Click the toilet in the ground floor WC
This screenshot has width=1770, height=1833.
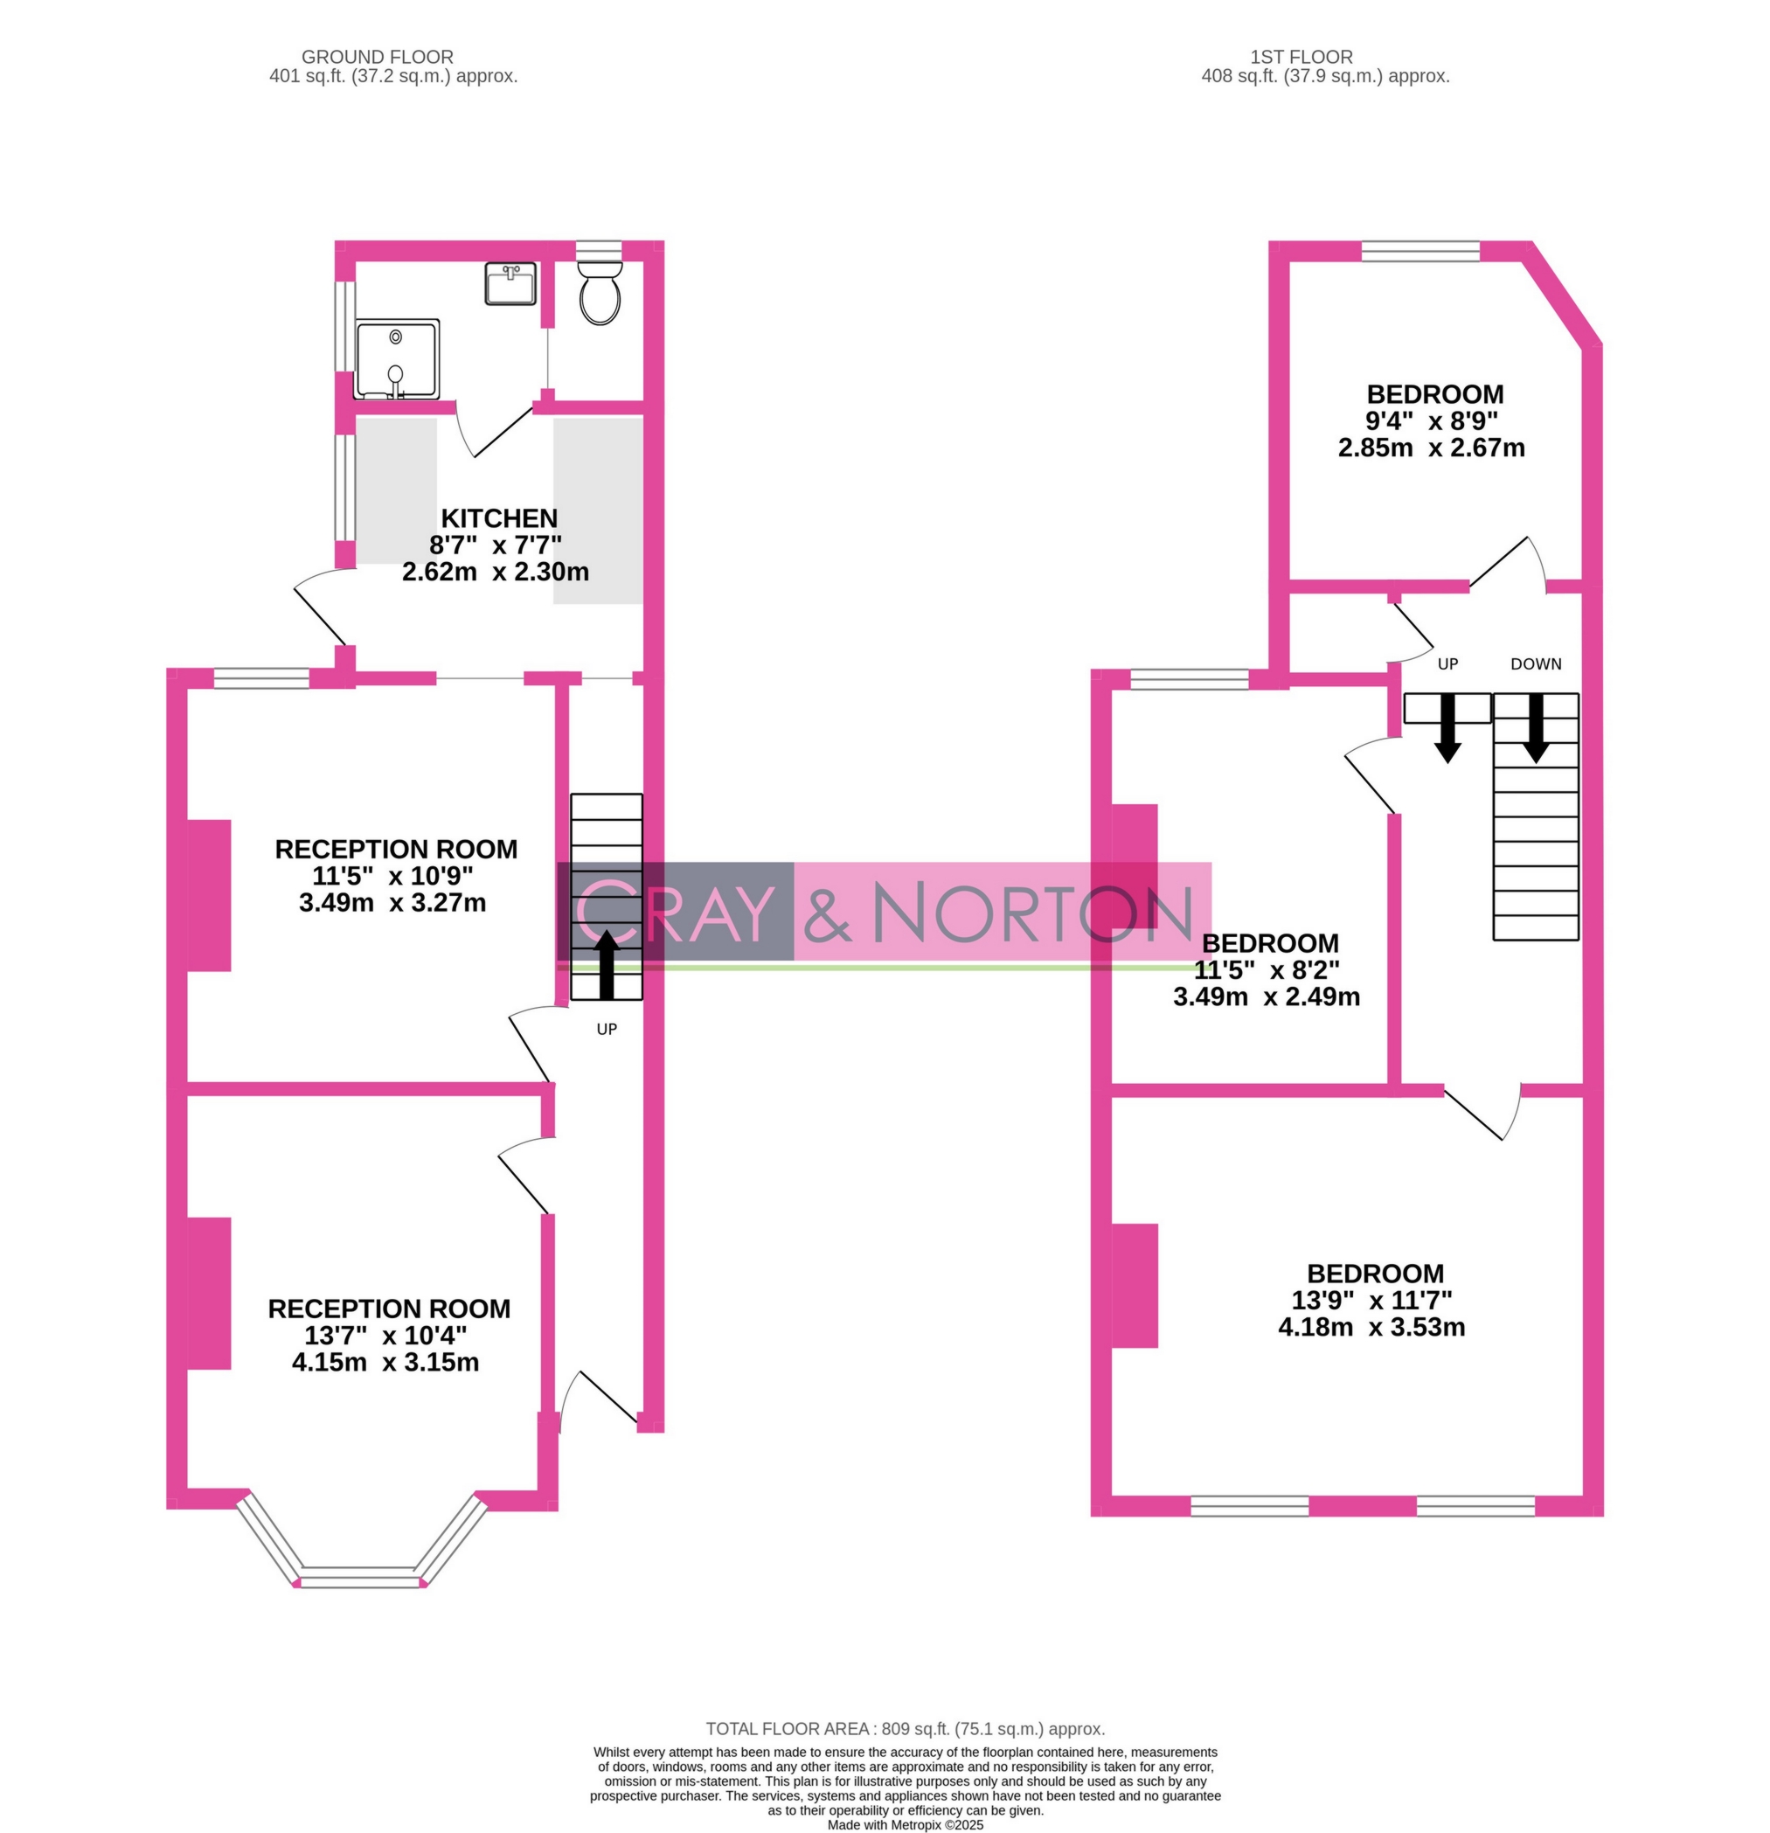600,293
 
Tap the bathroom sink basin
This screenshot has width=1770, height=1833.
510,283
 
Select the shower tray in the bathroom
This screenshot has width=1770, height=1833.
398,359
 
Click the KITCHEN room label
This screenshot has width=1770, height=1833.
498,518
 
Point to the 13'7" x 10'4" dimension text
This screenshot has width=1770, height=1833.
385,1335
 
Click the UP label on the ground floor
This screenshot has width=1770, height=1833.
607,1029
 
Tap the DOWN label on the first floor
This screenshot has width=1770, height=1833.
1535,664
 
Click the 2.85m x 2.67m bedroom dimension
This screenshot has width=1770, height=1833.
1431,448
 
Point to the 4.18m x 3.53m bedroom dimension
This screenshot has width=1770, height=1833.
1371,1327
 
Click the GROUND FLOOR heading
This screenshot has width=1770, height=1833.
377,57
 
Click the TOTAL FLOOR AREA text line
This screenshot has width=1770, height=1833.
904,1729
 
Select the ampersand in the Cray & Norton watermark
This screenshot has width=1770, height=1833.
828,912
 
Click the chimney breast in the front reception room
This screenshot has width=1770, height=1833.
210,1294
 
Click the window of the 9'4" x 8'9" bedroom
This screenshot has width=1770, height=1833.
1420,251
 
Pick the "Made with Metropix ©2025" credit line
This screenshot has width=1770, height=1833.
904,1824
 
